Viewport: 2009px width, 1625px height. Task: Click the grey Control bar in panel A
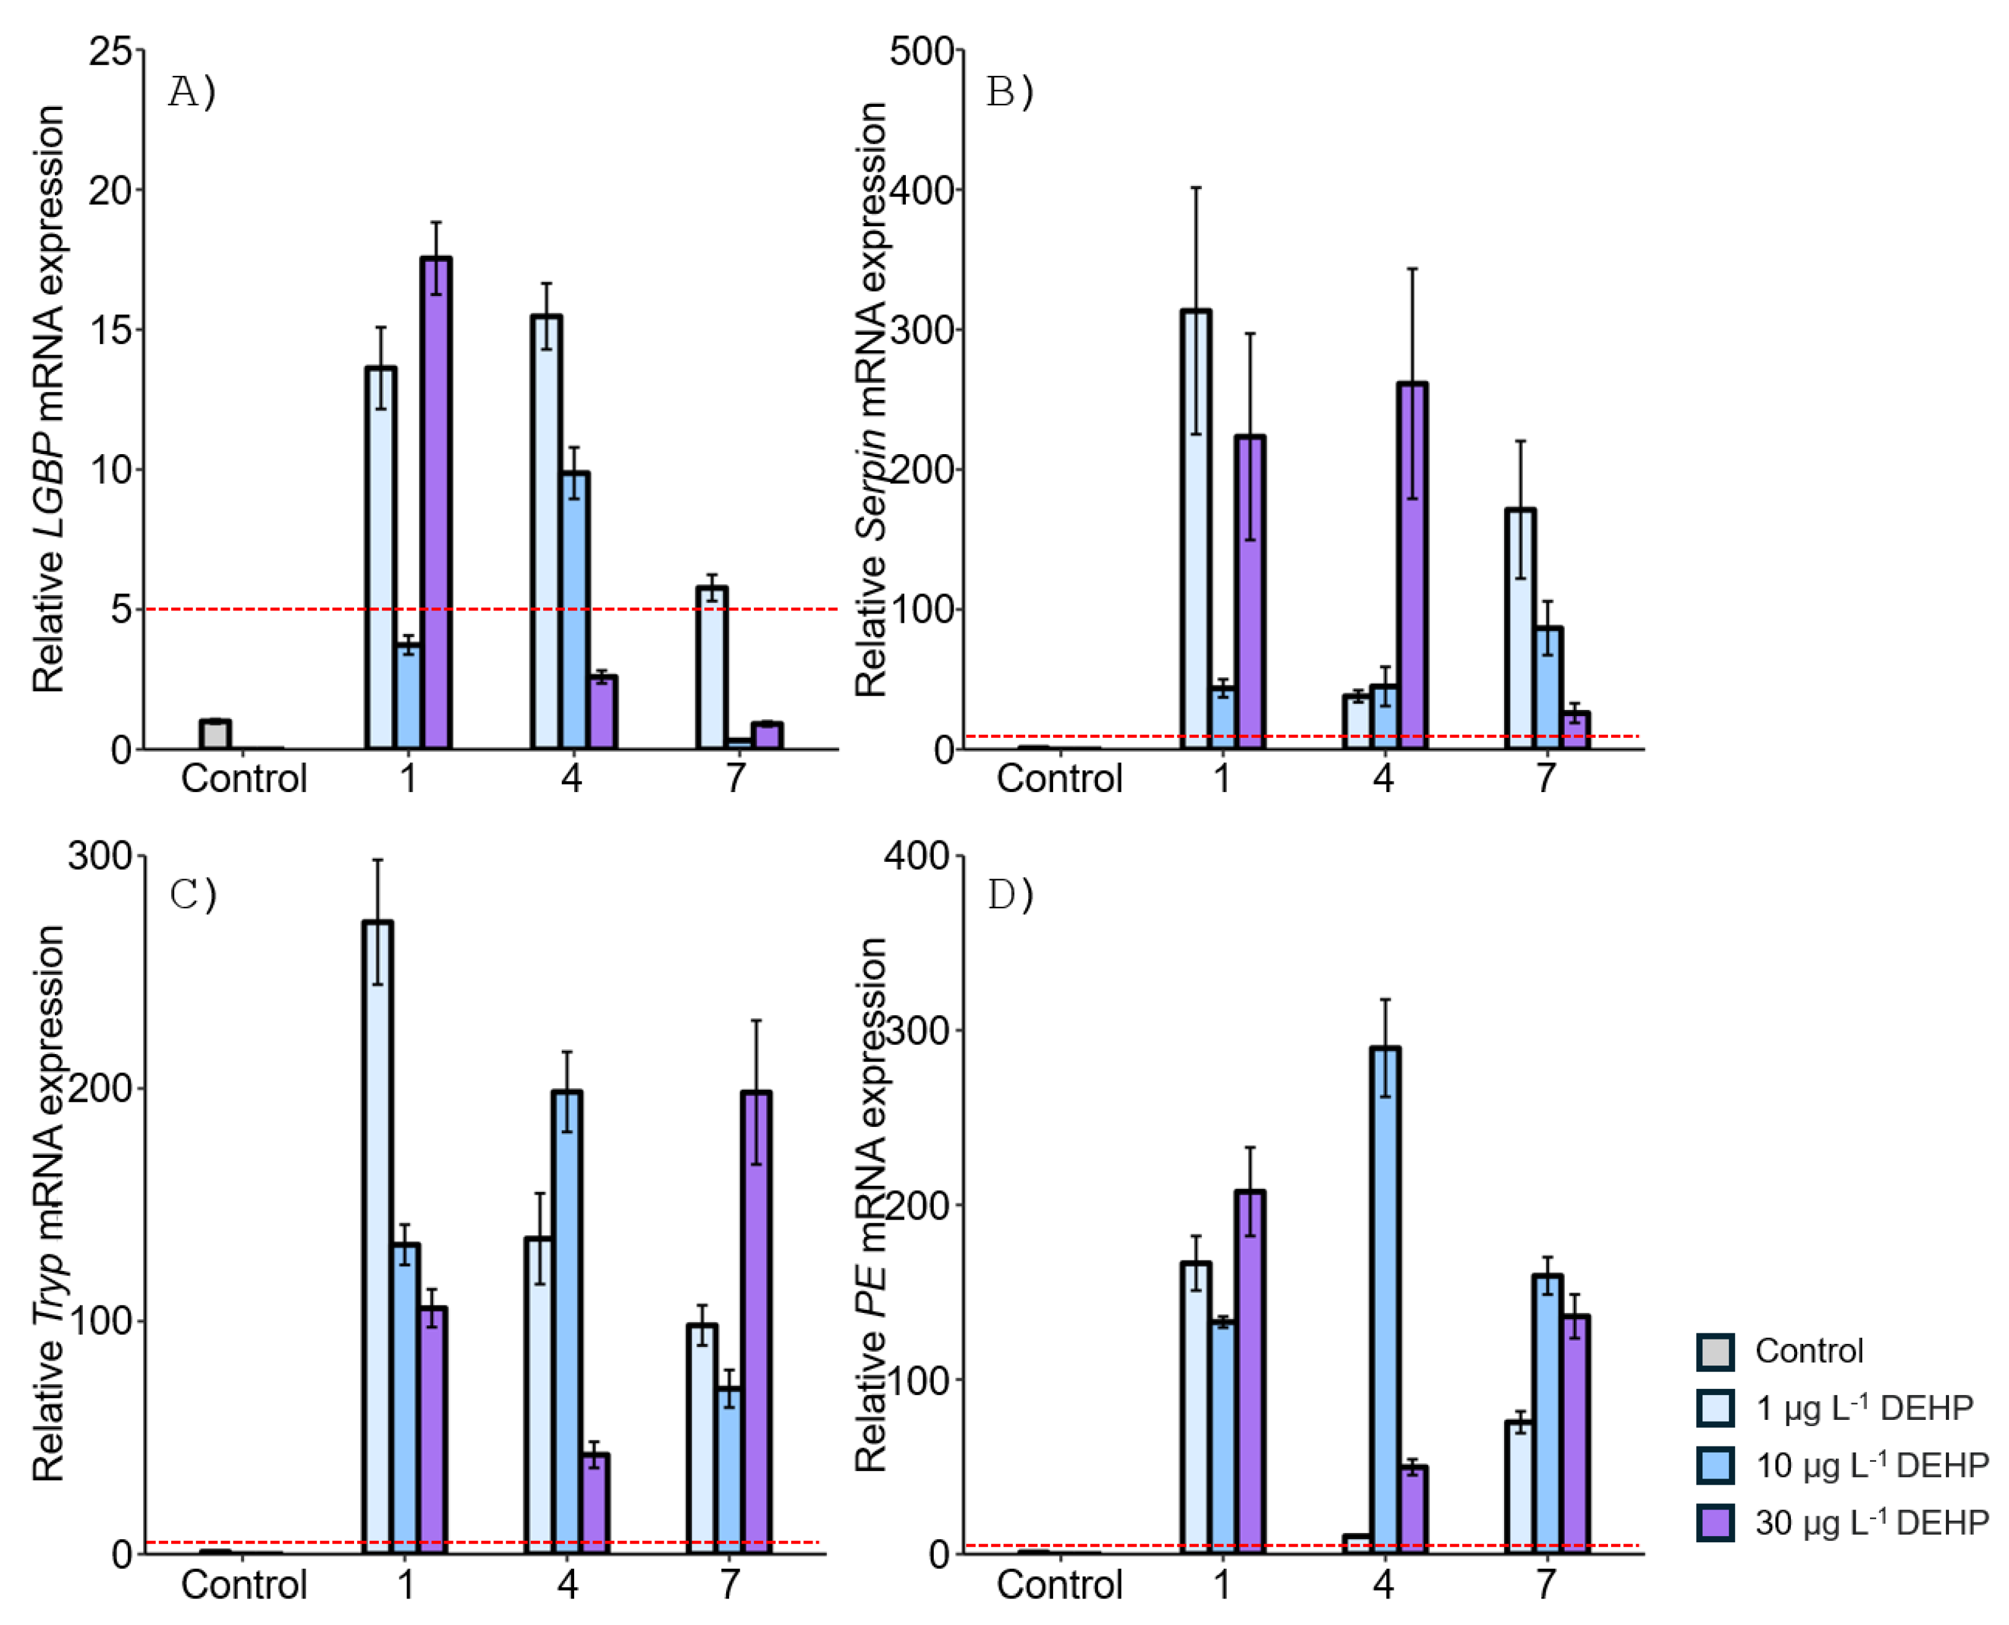click(x=214, y=735)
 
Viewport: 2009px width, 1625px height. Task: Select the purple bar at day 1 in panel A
click(x=435, y=505)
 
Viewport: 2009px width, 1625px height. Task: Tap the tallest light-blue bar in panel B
click(x=1196, y=529)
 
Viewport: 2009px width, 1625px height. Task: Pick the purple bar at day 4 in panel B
click(x=1411, y=567)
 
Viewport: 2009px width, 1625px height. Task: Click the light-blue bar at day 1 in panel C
click(x=378, y=1236)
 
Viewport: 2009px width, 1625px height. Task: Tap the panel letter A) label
click(x=192, y=91)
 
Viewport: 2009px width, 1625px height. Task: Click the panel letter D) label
click(x=1010, y=895)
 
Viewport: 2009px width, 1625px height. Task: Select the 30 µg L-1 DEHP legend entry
click(x=1871, y=1523)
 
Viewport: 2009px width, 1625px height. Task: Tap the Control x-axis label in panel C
click(x=243, y=1585)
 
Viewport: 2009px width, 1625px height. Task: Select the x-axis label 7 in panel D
click(x=1546, y=1585)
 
